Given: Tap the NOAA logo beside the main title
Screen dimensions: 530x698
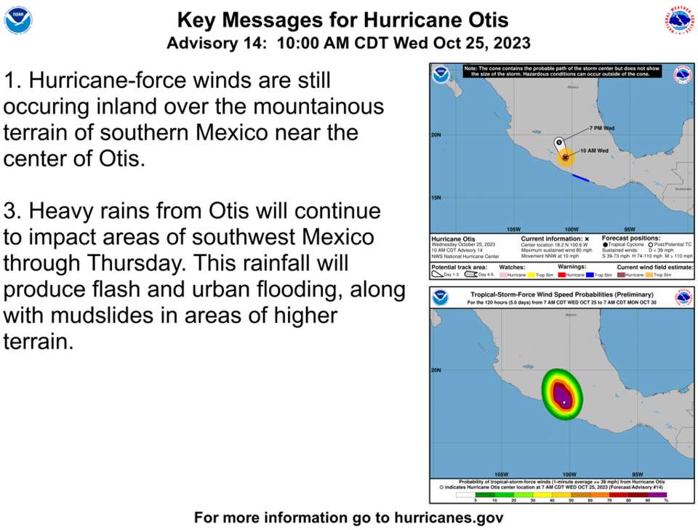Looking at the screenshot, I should [18, 20].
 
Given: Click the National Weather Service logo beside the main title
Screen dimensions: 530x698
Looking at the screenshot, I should [679, 20].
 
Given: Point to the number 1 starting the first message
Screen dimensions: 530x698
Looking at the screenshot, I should [9, 80].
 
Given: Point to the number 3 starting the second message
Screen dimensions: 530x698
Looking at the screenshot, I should [10, 211].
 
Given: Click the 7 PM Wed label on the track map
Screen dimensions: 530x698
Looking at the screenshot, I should [602, 128].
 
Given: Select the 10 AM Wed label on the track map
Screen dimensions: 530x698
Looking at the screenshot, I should [594, 150].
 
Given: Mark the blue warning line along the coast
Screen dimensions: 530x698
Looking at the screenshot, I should [580, 177].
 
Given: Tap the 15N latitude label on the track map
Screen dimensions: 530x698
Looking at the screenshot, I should [437, 198].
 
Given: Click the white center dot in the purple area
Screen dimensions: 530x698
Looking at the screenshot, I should [564, 402].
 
